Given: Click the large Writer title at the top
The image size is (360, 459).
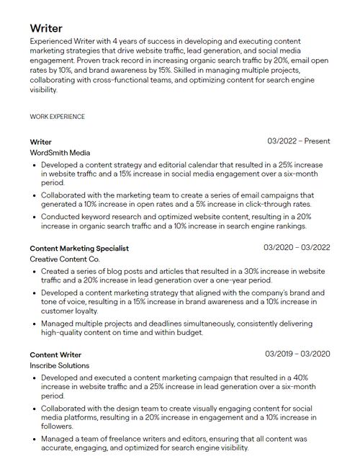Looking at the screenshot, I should [x=46, y=28].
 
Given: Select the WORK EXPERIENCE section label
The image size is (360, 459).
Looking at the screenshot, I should [x=57, y=116].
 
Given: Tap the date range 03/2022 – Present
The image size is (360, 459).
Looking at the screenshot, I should [x=298, y=141].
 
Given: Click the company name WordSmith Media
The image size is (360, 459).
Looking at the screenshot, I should [x=60, y=153].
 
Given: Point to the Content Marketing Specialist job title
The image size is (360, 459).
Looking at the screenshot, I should [x=79, y=248].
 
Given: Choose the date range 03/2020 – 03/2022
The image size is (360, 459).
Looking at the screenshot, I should [x=297, y=248].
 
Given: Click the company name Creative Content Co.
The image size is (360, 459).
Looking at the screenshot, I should [x=65, y=259].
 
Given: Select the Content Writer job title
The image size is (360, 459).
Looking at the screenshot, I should [x=55, y=355].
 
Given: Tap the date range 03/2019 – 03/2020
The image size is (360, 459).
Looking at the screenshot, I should [x=297, y=354].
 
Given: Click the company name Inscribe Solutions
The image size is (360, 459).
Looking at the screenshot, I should [x=60, y=365].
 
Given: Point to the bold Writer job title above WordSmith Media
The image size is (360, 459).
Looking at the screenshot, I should [x=40, y=142].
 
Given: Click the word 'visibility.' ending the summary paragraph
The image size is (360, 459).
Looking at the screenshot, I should [x=43, y=90].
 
